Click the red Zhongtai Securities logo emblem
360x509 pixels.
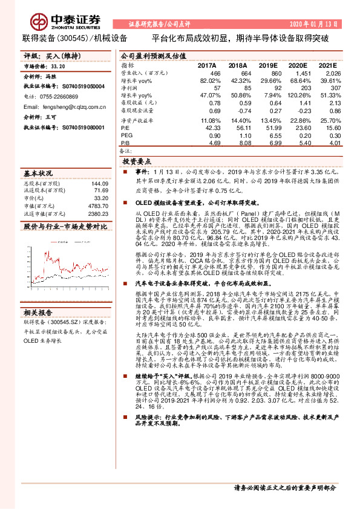coord(40,23)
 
